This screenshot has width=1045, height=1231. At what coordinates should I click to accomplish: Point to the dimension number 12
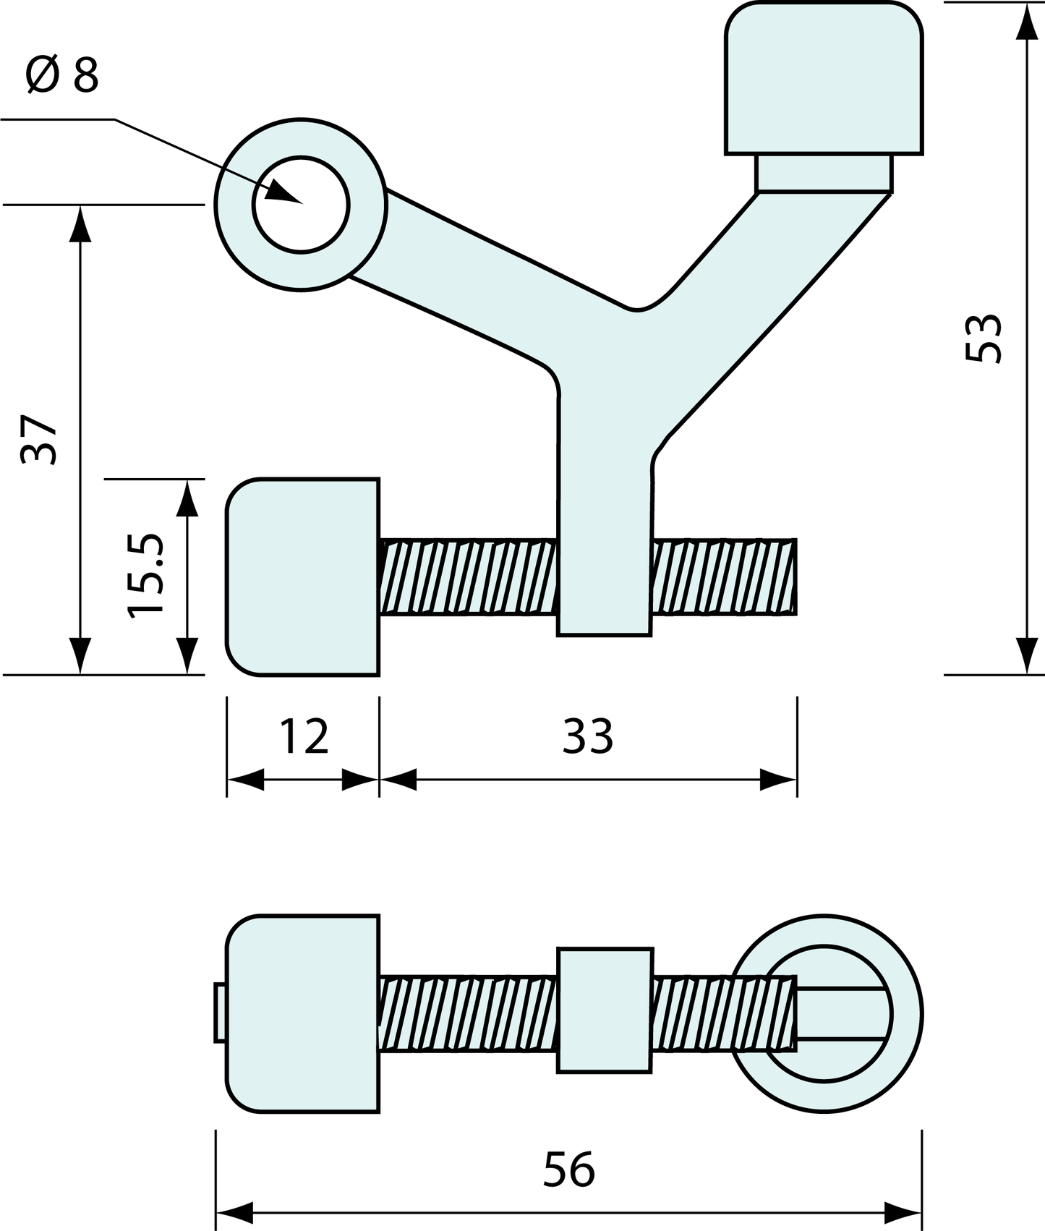(x=304, y=736)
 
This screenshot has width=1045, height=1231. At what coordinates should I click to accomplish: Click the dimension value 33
(x=588, y=736)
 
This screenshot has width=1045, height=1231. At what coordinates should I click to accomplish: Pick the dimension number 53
(x=984, y=338)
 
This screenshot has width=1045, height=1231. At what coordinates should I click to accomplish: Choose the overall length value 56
(x=569, y=1169)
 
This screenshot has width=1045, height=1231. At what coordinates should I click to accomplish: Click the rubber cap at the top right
(x=824, y=78)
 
